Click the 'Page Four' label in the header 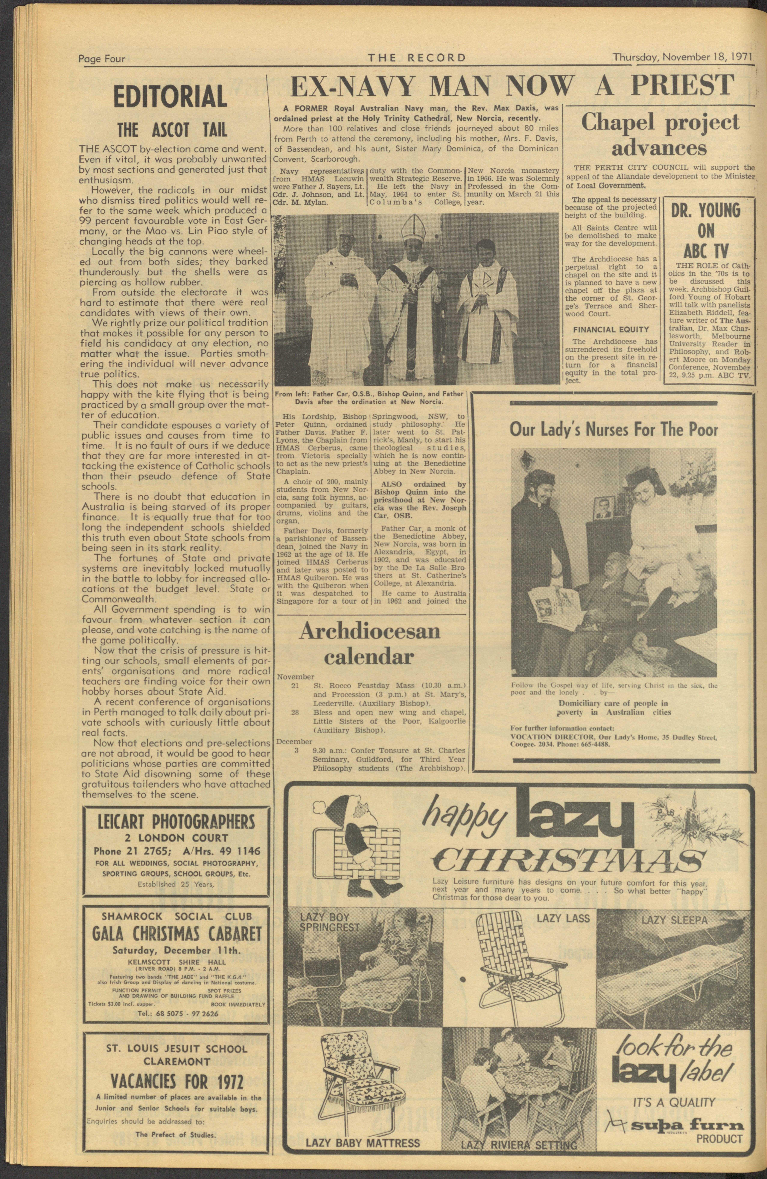tap(102, 59)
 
